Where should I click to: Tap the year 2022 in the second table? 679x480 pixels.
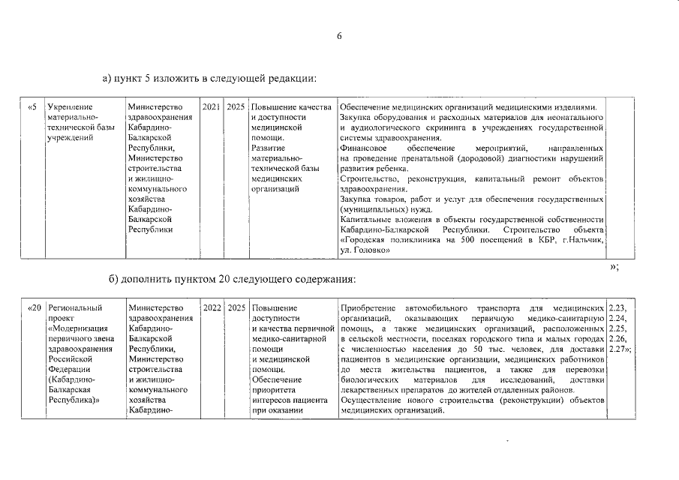click(212, 308)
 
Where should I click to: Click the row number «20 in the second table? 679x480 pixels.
click(35, 308)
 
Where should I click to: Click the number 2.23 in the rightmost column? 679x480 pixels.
click(619, 308)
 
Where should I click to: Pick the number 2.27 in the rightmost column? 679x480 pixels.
click(617, 349)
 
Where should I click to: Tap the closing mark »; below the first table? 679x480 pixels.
click(615, 268)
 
